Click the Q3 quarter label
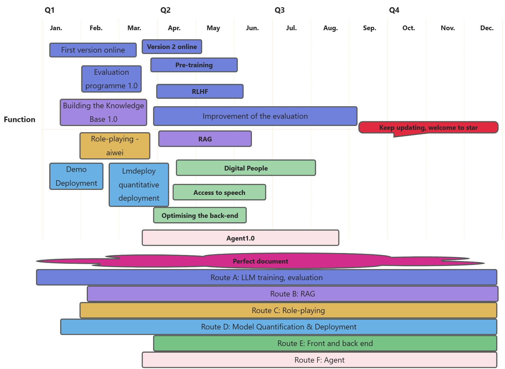(x=279, y=10)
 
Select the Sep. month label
(x=369, y=28)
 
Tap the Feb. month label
(x=96, y=28)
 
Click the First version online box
(x=93, y=50)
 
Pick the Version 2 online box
(x=172, y=47)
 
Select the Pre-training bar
(x=194, y=65)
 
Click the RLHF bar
(x=200, y=92)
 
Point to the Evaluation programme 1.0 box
(x=111, y=79)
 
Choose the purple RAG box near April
(x=205, y=139)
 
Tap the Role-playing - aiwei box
(x=115, y=146)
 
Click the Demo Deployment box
(x=76, y=176)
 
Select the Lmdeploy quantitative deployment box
(x=139, y=185)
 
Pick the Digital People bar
(x=246, y=168)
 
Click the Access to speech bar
(x=219, y=192)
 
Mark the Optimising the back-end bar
(x=200, y=215)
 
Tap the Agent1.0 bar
(x=240, y=238)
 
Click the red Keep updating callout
(x=428, y=128)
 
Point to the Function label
(x=19, y=120)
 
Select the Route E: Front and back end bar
(x=325, y=344)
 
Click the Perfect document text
(x=260, y=261)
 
